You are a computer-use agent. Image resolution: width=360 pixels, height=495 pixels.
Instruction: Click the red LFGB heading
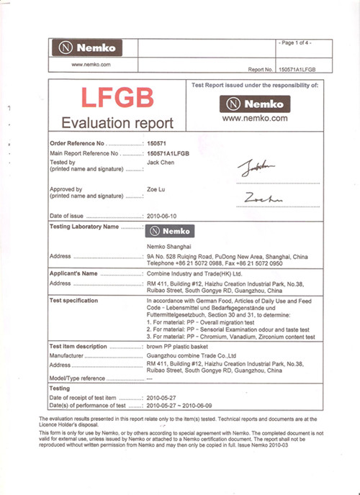[x=117, y=97]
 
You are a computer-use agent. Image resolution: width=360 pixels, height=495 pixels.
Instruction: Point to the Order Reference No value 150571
[x=156, y=144]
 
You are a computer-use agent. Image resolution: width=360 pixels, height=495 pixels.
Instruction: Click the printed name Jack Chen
[x=160, y=162]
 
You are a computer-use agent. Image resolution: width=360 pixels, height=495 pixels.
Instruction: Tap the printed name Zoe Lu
[x=156, y=187]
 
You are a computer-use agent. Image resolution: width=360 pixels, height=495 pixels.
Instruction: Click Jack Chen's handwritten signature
[x=256, y=169]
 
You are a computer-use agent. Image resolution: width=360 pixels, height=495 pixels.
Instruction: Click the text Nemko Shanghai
[x=168, y=247]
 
